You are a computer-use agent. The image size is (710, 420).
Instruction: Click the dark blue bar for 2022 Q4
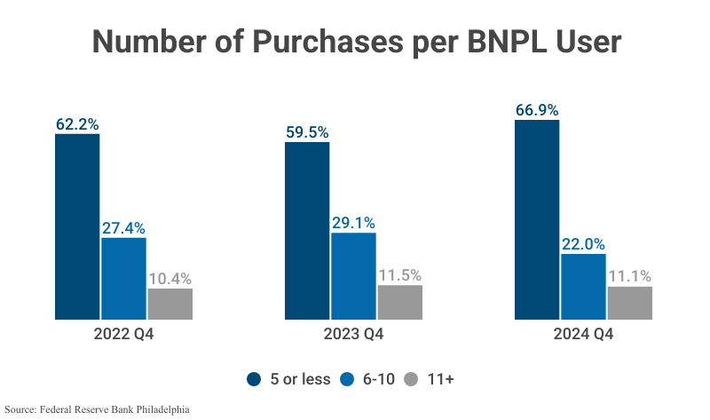(77, 226)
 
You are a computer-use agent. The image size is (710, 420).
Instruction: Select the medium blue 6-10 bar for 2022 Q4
(123, 278)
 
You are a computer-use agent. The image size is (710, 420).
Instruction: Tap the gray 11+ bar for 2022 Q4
(170, 304)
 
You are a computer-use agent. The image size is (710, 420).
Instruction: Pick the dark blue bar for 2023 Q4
(307, 230)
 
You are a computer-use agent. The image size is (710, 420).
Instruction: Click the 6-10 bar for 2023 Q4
(353, 275)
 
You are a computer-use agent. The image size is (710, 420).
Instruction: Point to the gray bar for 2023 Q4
(399, 302)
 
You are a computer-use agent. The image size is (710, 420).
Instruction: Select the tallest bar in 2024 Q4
(537, 219)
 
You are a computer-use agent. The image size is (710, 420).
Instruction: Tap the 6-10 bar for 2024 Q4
(583, 286)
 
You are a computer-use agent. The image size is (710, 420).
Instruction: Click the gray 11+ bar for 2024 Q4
(629, 303)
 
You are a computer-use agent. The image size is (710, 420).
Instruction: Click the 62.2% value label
(77, 124)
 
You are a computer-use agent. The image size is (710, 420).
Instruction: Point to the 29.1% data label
(353, 223)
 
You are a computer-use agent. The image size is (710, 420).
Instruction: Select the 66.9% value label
(537, 110)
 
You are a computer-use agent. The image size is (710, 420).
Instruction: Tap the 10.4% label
(170, 278)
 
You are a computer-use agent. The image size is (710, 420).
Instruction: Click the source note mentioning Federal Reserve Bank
(98, 409)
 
